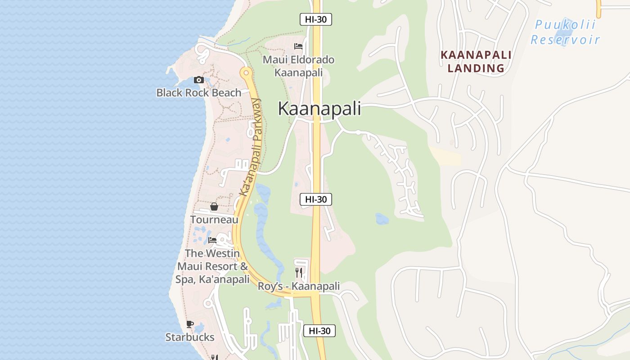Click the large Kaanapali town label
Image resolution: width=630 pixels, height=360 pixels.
point(319,108)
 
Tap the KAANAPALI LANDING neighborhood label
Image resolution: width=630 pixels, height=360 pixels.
point(476,62)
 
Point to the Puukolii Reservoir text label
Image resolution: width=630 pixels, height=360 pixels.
point(565,32)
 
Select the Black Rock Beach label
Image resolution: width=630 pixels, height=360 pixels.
point(198,93)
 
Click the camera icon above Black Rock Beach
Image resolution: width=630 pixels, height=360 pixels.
point(198,80)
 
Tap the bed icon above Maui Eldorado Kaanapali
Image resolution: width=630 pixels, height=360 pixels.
point(298,46)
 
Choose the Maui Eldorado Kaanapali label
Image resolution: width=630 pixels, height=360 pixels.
point(298,66)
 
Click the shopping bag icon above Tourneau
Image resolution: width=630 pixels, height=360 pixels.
point(214,207)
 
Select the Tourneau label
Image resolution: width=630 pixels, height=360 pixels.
point(214,220)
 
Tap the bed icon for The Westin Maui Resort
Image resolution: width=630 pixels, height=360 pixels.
point(212,240)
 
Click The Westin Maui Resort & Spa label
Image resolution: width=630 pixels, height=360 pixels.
point(212,266)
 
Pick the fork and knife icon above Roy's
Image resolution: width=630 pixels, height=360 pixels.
point(298,272)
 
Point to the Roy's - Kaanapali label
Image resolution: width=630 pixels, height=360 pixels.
point(298,286)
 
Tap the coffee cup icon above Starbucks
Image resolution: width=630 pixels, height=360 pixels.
point(190,324)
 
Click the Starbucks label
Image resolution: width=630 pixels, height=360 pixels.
point(190,337)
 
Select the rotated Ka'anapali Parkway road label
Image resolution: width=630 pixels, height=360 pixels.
point(251,148)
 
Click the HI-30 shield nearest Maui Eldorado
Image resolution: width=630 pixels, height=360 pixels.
point(316,19)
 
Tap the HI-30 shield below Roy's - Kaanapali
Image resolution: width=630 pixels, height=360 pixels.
point(319,331)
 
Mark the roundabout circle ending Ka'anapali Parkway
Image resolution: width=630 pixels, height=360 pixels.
point(245,72)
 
